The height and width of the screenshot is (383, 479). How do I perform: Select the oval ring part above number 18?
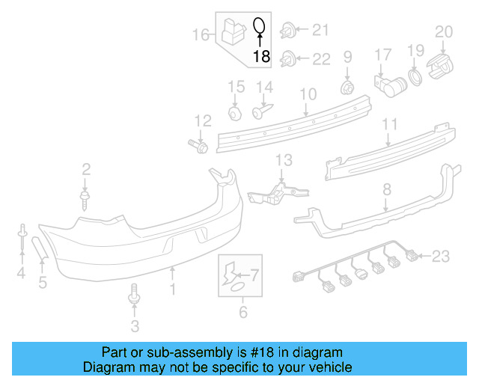click(259, 27)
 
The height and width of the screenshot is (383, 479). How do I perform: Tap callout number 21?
click(320, 30)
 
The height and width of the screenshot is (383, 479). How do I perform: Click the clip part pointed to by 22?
click(287, 58)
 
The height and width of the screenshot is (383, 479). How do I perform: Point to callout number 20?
click(444, 31)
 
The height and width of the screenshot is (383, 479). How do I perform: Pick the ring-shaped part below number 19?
click(414, 78)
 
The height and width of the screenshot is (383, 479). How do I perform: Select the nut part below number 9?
click(347, 88)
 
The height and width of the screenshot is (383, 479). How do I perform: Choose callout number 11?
click(390, 124)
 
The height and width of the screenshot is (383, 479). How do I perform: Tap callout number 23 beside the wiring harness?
click(440, 257)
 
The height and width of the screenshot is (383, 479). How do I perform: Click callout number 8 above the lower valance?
click(386, 191)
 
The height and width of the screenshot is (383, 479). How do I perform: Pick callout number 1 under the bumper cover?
click(173, 287)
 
